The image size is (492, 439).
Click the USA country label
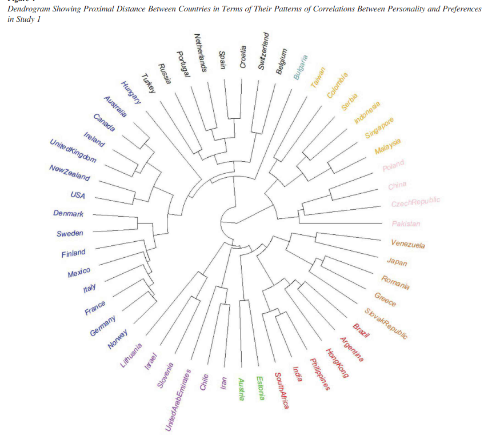tap(78, 195)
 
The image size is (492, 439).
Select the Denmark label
tap(68, 214)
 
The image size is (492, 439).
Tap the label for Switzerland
tap(263, 51)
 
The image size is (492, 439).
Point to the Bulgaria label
tap(301, 68)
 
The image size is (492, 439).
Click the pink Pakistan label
tap(406, 224)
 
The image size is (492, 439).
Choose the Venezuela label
tap(408, 244)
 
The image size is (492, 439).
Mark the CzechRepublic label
tap(415, 203)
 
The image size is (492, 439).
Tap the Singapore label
tap(379, 129)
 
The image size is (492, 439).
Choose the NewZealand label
tap(70, 173)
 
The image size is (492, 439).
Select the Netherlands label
tap(199, 52)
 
